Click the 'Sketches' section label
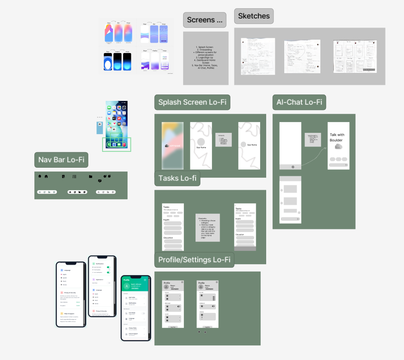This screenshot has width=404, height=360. coord(254,16)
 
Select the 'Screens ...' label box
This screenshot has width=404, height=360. coord(205,20)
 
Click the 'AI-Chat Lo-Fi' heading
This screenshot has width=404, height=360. coord(299,102)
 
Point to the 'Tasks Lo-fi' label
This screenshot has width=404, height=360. coord(177,178)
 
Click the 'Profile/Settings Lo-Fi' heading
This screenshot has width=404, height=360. coord(194,260)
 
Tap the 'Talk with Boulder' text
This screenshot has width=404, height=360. coord(337,138)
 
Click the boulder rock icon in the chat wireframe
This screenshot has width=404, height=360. coord(339,147)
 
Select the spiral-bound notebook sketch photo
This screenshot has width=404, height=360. coord(354,56)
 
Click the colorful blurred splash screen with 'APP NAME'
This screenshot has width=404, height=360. coord(173,147)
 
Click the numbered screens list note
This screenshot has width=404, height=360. coord(205,57)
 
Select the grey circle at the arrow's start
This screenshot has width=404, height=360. coord(293,167)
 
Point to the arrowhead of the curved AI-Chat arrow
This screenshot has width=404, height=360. coord(326,146)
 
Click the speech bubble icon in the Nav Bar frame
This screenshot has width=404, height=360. coord(100,181)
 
